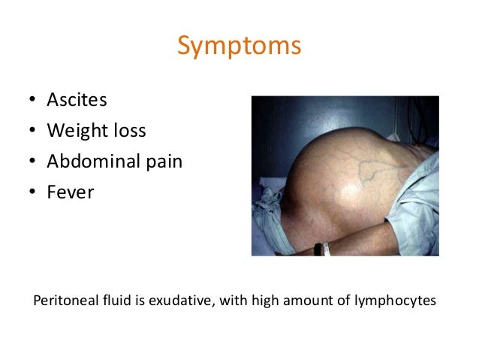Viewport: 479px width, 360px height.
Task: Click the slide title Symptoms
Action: pyautogui.click(x=239, y=46)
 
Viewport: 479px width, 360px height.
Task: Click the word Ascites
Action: pyautogui.click(x=77, y=100)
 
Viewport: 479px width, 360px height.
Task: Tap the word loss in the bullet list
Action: pyautogui.click(x=127, y=131)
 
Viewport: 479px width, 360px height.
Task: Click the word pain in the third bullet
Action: pyautogui.click(x=164, y=162)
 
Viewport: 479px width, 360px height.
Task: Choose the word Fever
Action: pyautogui.click(x=70, y=192)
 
